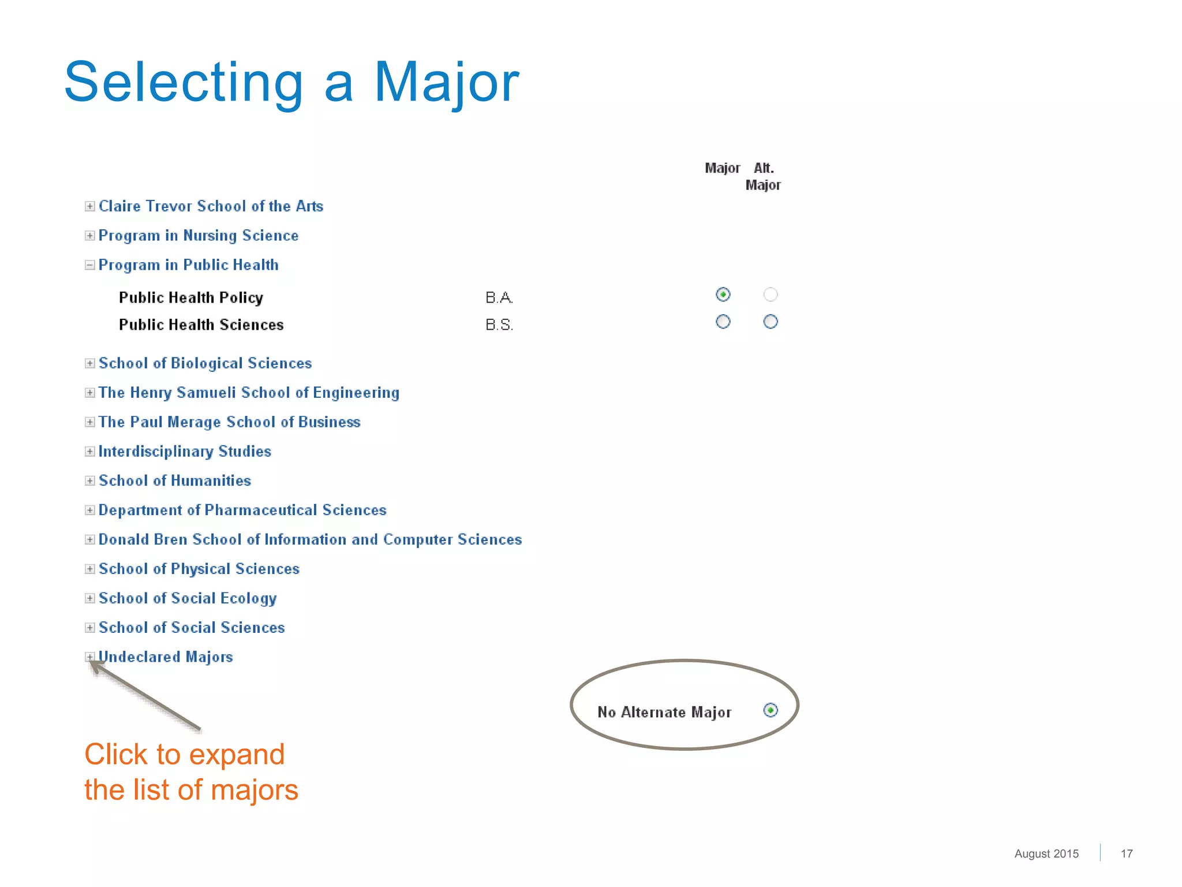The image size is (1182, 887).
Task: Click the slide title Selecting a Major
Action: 291,82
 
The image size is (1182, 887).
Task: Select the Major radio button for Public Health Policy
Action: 723,295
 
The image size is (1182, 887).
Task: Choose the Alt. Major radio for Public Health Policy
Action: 770,295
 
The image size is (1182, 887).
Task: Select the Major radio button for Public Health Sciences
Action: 723,322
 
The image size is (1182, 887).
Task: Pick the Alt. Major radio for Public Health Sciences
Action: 770,322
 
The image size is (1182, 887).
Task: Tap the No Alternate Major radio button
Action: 770,710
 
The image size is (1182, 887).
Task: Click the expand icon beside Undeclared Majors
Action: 89,657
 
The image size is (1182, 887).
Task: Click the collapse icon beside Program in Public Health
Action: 89,265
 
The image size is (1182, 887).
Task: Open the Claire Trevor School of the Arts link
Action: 211,206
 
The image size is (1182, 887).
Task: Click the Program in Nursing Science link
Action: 198,236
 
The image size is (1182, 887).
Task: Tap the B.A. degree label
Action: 499,297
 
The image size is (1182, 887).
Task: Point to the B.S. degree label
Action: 499,325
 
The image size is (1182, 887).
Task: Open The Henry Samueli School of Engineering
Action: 249,393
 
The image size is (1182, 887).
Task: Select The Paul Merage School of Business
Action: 229,422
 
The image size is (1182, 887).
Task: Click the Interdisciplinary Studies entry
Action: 185,452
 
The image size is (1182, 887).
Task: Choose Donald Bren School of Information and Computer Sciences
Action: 310,539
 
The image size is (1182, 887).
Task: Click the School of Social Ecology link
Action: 188,598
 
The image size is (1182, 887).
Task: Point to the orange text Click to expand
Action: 185,754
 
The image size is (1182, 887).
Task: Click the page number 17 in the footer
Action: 1126,854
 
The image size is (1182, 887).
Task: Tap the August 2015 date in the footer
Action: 1046,854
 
